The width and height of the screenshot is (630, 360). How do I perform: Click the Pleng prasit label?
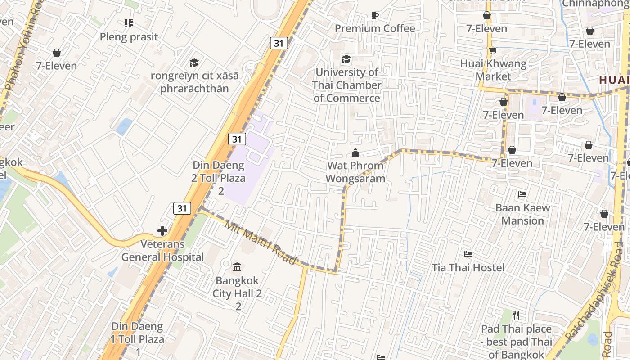coord(129,37)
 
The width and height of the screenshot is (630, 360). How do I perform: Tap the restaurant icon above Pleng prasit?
coord(129,23)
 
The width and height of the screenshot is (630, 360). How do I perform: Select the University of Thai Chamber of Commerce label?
coord(346,85)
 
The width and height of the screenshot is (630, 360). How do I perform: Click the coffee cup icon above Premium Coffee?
coord(374,16)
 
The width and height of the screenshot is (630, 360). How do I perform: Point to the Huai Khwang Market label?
coord(493,70)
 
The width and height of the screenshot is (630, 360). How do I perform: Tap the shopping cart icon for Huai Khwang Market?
coord(493,50)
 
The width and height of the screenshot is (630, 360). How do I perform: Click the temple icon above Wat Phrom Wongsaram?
coord(355,153)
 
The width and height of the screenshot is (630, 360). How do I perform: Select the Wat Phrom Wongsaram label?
coord(355,172)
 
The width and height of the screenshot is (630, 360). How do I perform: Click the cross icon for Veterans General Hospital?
coord(162,231)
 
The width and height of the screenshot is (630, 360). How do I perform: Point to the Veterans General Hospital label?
coord(162,251)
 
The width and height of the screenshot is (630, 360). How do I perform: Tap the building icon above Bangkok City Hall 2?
coord(237,267)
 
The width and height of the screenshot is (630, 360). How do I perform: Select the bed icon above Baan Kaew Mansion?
coord(522,194)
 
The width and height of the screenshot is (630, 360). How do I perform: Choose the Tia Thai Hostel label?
coord(468,268)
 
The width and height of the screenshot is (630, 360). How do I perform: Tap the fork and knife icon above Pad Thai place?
coord(516,315)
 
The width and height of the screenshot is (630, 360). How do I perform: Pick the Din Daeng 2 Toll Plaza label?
coord(219,178)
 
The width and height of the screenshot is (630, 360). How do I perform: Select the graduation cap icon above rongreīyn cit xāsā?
coord(194,63)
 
